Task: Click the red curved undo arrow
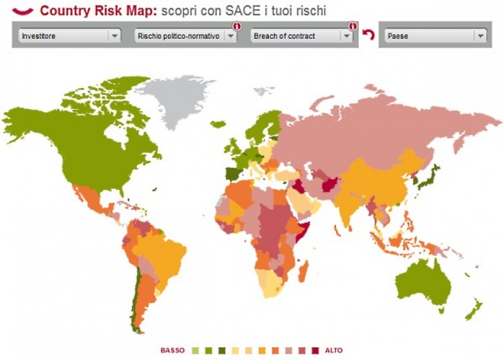click(x=368, y=35)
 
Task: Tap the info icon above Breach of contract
click(x=352, y=27)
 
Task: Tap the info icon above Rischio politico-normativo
click(x=236, y=27)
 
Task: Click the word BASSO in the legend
click(x=172, y=350)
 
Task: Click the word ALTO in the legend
click(x=333, y=350)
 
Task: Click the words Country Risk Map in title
click(x=98, y=11)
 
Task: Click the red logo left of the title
click(x=22, y=11)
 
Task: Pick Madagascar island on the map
click(x=303, y=273)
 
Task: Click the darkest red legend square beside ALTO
click(x=315, y=350)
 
